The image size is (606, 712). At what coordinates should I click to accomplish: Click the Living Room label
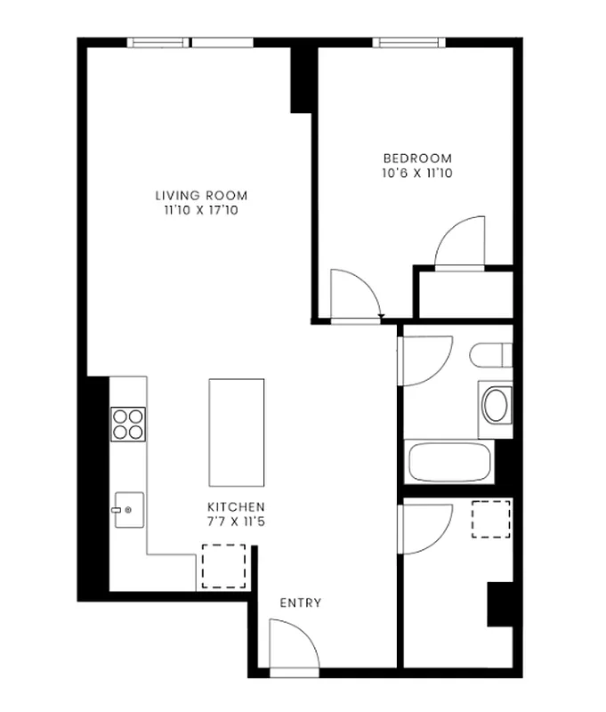tap(201, 196)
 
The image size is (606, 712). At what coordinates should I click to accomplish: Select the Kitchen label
tap(236, 506)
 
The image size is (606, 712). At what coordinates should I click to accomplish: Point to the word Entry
tap(301, 603)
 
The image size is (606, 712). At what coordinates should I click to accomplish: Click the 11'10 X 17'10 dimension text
tap(201, 211)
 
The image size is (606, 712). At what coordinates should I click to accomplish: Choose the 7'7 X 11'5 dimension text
tap(236, 522)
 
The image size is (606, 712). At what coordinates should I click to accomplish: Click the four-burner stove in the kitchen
tap(128, 424)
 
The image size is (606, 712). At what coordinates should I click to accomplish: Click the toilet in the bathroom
tap(492, 355)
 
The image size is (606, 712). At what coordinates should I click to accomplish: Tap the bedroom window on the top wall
tap(408, 42)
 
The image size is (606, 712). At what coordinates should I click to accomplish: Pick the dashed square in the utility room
tap(490, 520)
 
